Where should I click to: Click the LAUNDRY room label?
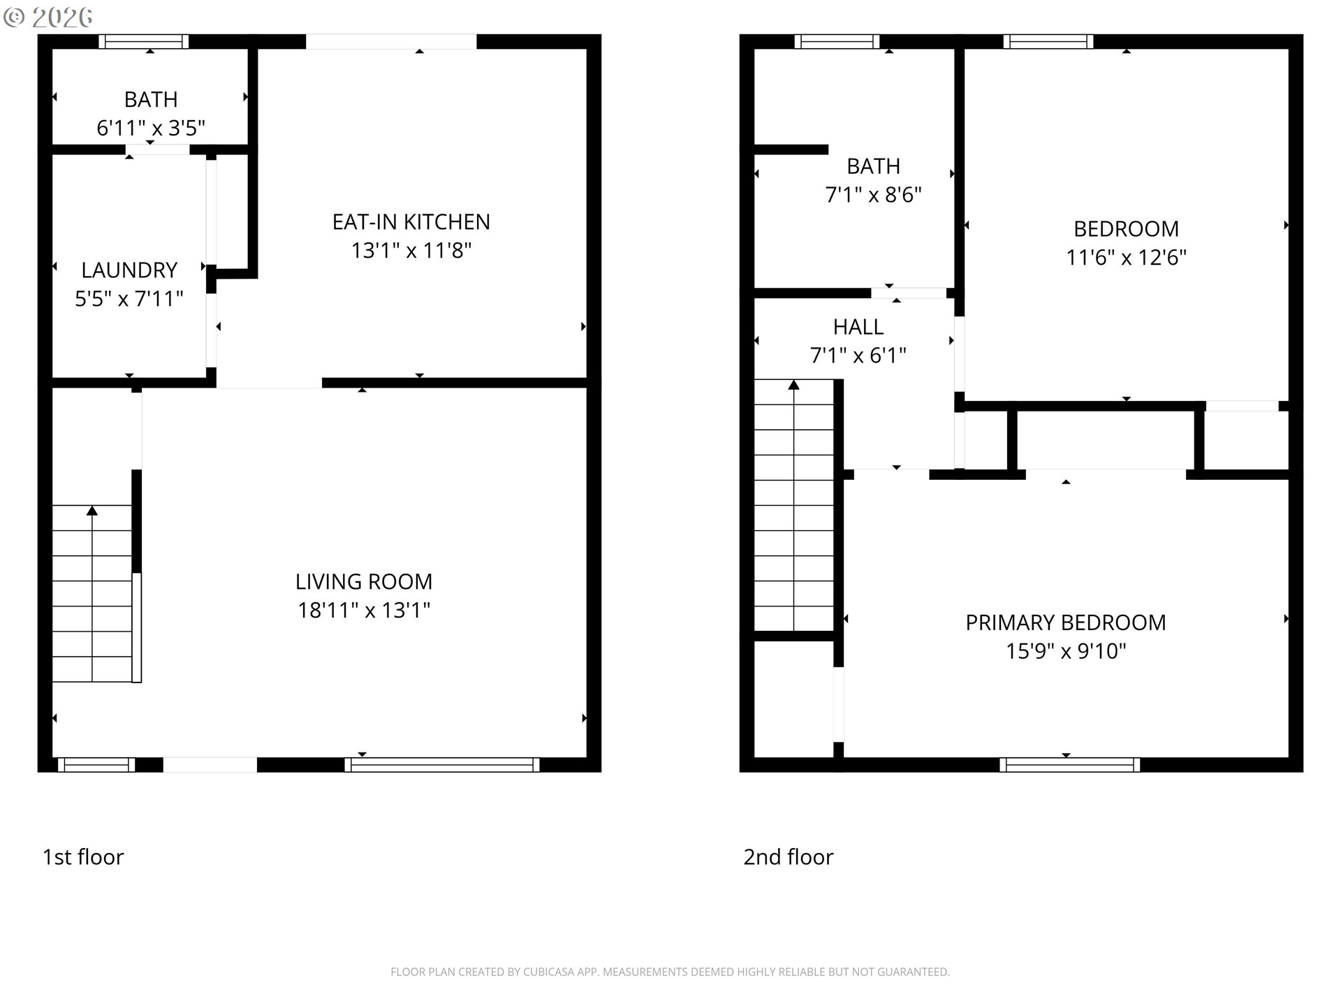pyautogui.click(x=129, y=270)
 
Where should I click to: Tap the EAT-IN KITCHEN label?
pyautogui.click(x=411, y=221)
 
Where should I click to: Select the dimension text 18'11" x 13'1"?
pyautogui.click(x=363, y=610)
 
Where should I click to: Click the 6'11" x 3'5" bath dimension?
pyautogui.click(x=150, y=128)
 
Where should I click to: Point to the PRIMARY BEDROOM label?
pyautogui.click(x=1065, y=622)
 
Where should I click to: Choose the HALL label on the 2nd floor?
pyautogui.click(x=858, y=326)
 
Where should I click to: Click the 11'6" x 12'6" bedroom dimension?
pyautogui.click(x=1126, y=257)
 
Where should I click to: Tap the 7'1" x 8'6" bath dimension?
pyautogui.click(x=873, y=194)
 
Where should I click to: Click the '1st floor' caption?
pyautogui.click(x=83, y=856)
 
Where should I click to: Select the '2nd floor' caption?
pyautogui.click(x=788, y=856)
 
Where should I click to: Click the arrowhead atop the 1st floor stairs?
pyautogui.click(x=92, y=511)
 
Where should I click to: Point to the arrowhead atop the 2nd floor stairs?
pyautogui.click(x=794, y=384)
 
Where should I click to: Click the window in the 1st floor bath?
pyautogui.click(x=143, y=41)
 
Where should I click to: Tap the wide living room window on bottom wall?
pyautogui.click(x=442, y=765)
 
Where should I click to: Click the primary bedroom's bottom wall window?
pyautogui.click(x=1069, y=765)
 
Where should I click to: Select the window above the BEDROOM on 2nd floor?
pyautogui.click(x=1048, y=41)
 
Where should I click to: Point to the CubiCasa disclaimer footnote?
pyautogui.click(x=670, y=972)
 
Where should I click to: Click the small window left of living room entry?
pyautogui.click(x=96, y=765)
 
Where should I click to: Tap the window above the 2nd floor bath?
pyautogui.click(x=837, y=41)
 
